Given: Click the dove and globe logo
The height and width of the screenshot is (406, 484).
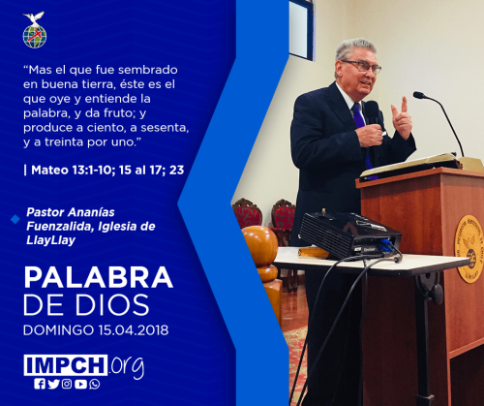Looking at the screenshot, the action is click(x=35, y=30).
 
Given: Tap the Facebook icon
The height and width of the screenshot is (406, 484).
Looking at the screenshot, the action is click(x=40, y=384).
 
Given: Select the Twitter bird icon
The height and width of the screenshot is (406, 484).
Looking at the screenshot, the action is click(x=53, y=384).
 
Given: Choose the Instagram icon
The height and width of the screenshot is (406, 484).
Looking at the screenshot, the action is click(x=67, y=384).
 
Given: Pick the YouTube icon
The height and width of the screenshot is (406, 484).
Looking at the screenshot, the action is click(x=80, y=384).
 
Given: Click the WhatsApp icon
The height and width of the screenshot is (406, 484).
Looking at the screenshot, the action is click(x=95, y=384).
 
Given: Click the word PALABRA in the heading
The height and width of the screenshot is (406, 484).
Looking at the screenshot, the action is click(x=99, y=277).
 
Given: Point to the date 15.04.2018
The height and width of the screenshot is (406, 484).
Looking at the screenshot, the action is click(x=134, y=330).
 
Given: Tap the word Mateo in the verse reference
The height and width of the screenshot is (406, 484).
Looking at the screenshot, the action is click(x=49, y=170).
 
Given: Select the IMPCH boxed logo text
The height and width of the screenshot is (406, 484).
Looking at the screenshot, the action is click(x=66, y=365).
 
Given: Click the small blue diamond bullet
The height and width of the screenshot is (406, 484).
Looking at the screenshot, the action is click(x=15, y=219).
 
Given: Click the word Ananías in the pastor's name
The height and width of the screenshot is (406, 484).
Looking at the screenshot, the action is click(x=92, y=212).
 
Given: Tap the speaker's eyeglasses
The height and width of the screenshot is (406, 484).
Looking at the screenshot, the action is click(x=363, y=66).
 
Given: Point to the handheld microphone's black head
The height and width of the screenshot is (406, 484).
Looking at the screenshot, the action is click(x=372, y=111).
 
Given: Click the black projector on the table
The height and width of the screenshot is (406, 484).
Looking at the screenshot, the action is click(x=350, y=235).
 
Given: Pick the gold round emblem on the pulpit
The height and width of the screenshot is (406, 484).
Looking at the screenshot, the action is click(x=469, y=248).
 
